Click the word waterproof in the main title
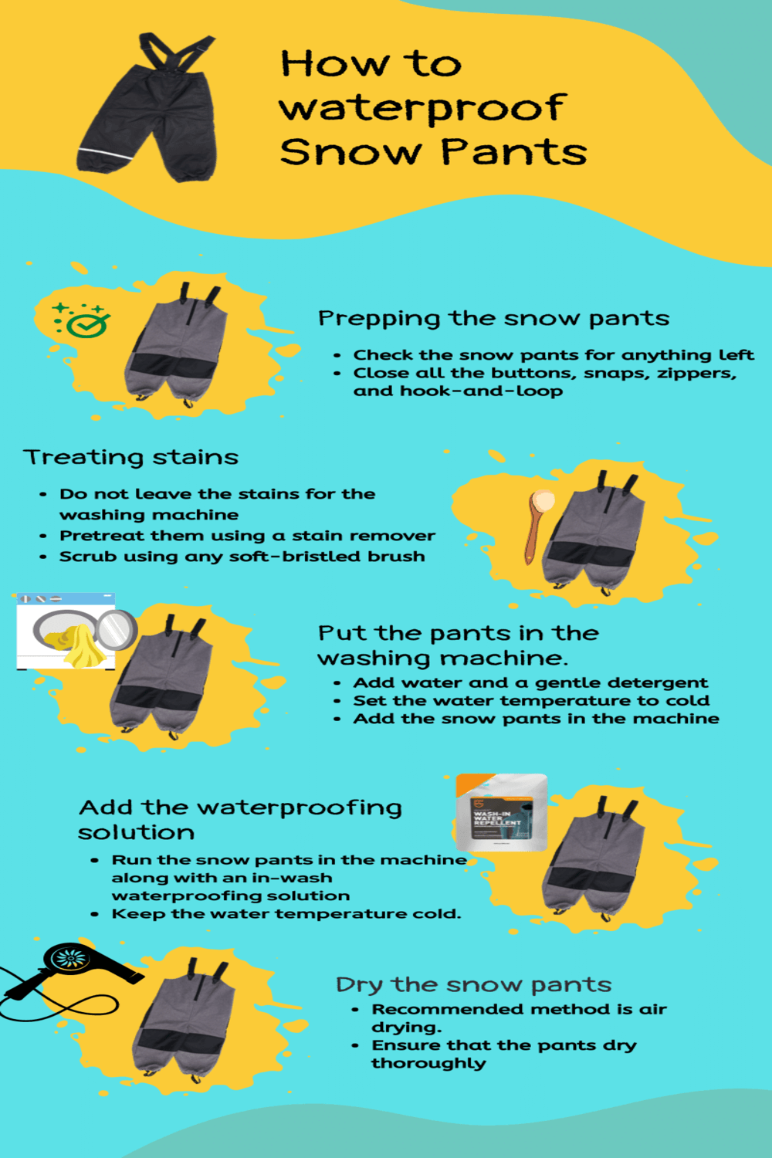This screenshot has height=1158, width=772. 423,109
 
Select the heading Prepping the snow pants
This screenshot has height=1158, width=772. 493,318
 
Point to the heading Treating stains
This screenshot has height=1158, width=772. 130,457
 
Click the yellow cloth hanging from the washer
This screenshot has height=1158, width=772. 82,646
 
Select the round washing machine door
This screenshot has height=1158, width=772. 117,630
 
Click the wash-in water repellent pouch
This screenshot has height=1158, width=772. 501,812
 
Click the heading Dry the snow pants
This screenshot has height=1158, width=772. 474,984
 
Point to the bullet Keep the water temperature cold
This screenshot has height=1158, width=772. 286,913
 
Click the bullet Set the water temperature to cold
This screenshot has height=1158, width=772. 531,700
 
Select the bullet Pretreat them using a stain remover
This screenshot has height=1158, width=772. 247,536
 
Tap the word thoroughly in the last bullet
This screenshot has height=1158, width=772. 428,1063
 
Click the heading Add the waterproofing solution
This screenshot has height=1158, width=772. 240,820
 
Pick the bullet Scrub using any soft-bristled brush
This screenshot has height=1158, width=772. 242,557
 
